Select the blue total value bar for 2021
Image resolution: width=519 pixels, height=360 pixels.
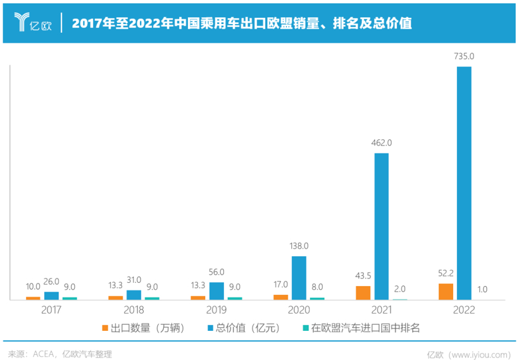point(381,226)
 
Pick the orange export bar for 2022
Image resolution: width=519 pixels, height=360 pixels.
point(446,291)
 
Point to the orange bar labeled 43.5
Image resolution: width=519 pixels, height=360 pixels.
point(363,292)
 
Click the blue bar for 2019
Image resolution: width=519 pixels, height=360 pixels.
point(216,290)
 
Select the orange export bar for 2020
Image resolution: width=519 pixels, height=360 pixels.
point(280,297)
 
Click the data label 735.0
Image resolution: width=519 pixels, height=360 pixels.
point(464,56)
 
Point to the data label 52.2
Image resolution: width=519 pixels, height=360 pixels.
point(446,273)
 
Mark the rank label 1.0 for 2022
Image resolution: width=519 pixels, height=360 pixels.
point(482,289)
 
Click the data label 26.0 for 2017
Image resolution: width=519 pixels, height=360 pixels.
point(51,282)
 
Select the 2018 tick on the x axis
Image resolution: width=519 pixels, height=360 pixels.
point(134,310)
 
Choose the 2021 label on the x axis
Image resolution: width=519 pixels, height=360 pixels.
point(381,310)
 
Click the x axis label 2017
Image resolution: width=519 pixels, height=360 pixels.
point(51,310)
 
